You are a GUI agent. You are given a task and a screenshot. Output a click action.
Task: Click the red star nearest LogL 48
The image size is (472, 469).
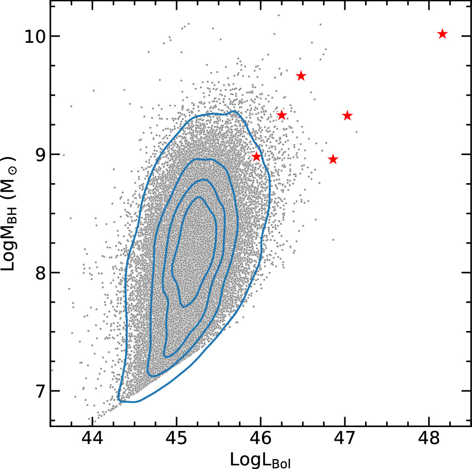coord(442,34)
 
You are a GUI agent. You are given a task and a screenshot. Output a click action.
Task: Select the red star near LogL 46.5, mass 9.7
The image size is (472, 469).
coord(301,76)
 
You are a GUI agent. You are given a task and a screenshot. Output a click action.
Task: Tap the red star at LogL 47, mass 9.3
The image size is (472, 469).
coord(347,115)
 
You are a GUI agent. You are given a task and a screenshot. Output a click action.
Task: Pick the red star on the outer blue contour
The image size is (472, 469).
coord(256,156)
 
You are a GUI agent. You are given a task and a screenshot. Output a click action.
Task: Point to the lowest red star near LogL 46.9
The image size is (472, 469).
coord(333,159)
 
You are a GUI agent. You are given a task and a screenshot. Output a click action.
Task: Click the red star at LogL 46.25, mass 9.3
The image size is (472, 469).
coord(282,115)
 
